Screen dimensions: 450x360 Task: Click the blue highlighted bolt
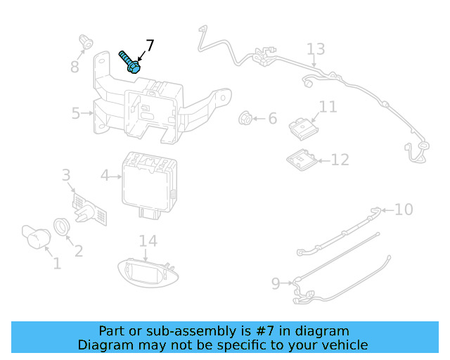(x=130, y=62)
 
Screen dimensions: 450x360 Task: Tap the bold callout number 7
(x=150, y=45)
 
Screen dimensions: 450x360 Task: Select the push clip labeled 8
(x=86, y=42)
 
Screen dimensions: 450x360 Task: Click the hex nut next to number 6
(x=245, y=117)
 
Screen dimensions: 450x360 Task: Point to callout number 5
(x=75, y=113)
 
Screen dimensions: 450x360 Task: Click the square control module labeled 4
(x=150, y=185)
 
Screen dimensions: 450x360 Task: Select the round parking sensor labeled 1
(x=37, y=237)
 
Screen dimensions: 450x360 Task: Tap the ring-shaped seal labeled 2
(x=61, y=226)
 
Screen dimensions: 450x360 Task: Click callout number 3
(x=66, y=175)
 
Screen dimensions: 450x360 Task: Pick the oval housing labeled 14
(x=148, y=273)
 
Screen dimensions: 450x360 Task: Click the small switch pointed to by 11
(x=303, y=129)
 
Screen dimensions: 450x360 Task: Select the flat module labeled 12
(x=302, y=160)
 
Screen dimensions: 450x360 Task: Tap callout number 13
(x=316, y=49)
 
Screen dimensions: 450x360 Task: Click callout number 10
(x=404, y=210)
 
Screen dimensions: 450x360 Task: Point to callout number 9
(x=276, y=283)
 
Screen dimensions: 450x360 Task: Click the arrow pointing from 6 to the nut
(x=259, y=118)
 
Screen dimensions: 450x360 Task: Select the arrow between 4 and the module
(x=116, y=176)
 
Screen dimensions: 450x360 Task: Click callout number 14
(x=148, y=241)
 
